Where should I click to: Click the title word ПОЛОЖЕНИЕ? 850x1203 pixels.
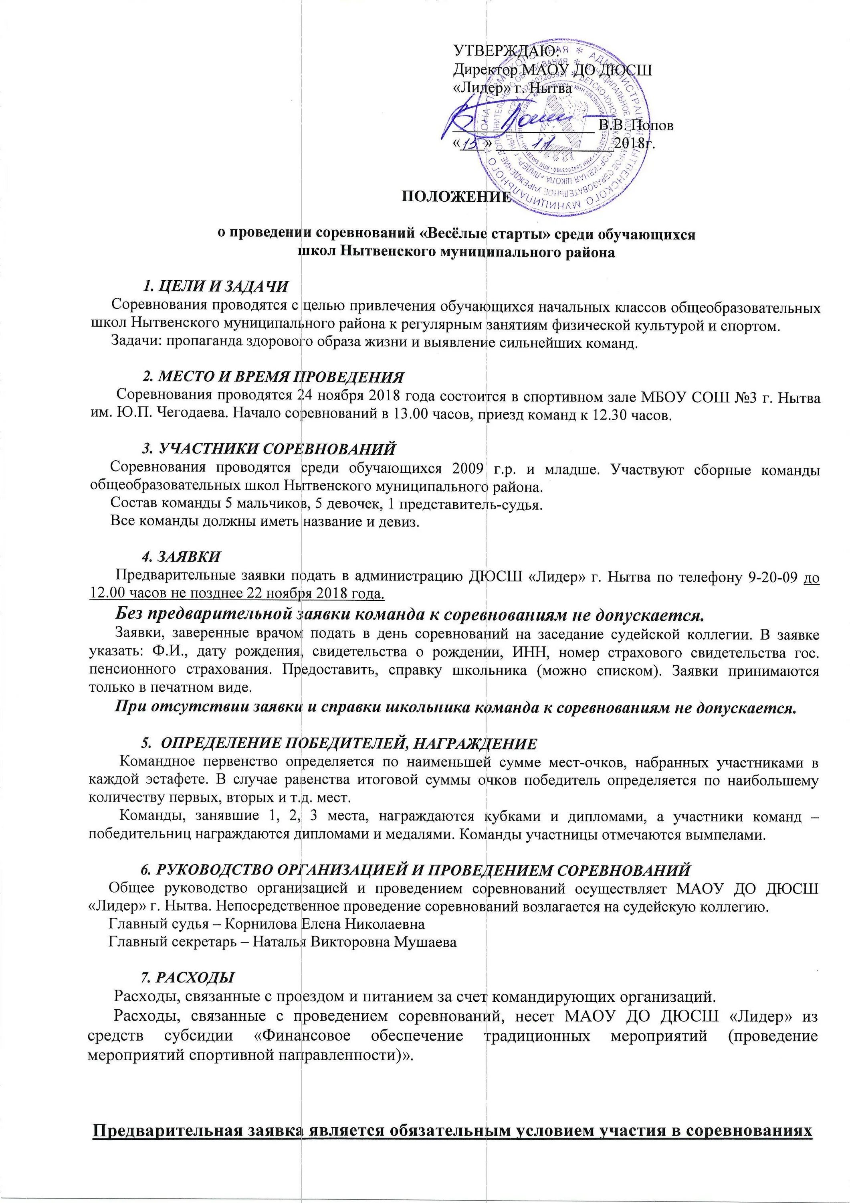(x=454, y=198)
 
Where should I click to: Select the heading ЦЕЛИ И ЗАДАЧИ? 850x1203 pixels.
(x=222, y=286)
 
